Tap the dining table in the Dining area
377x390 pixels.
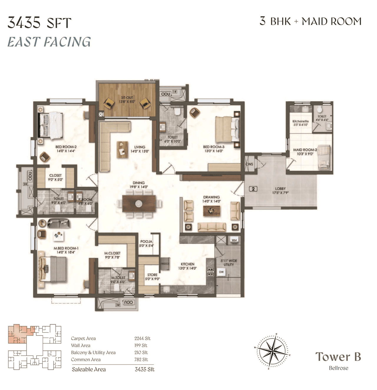(139, 204)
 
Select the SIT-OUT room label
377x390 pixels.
(127, 100)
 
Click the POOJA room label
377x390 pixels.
(146, 243)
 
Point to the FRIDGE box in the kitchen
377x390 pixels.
(165, 264)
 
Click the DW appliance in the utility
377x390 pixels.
(221, 272)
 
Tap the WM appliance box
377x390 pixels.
(234, 240)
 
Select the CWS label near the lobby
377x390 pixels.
(249, 164)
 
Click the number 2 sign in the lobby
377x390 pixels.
(253, 189)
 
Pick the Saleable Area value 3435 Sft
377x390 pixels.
(144, 369)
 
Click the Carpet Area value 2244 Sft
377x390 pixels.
(142, 338)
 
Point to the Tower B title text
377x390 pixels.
(338, 357)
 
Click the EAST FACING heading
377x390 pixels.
(49, 42)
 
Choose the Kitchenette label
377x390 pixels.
(300, 123)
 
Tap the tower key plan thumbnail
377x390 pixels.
(34, 347)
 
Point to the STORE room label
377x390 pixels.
(152, 277)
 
